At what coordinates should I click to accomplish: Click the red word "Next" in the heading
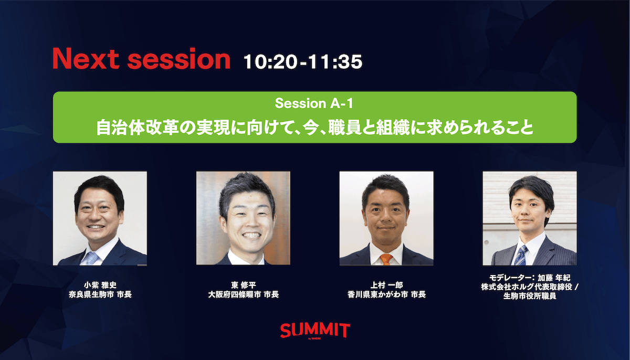pyautogui.click(x=86, y=59)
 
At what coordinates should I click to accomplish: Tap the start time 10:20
pyautogui.click(x=270, y=61)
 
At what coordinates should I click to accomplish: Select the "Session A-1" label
pyautogui.click(x=314, y=103)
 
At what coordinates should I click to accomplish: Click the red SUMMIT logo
pyautogui.click(x=315, y=331)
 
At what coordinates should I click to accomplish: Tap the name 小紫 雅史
pyautogui.click(x=100, y=285)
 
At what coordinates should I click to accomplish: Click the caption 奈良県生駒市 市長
pyautogui.click(x=100, y=294)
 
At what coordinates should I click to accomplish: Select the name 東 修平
pyautogui.click(x=244, y=285)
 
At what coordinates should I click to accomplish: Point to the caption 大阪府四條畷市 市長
pyautogui.click(x=244, y=294)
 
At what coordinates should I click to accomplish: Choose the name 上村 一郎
pyautogui.click(x=387, y=285)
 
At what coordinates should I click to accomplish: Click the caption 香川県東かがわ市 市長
pyautogui.click(x=387, y=294)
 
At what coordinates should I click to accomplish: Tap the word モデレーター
pyautogui.click(x=509, y=278)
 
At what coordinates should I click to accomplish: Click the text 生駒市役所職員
pyautogui.click(x=530, y=296)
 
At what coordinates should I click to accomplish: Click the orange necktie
pyautogui.click(x=386, y=259)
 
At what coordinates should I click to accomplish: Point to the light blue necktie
pyautogui.click(x=92, y=259)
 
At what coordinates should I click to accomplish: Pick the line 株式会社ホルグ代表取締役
pyautogui.click(x=526, y=287)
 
